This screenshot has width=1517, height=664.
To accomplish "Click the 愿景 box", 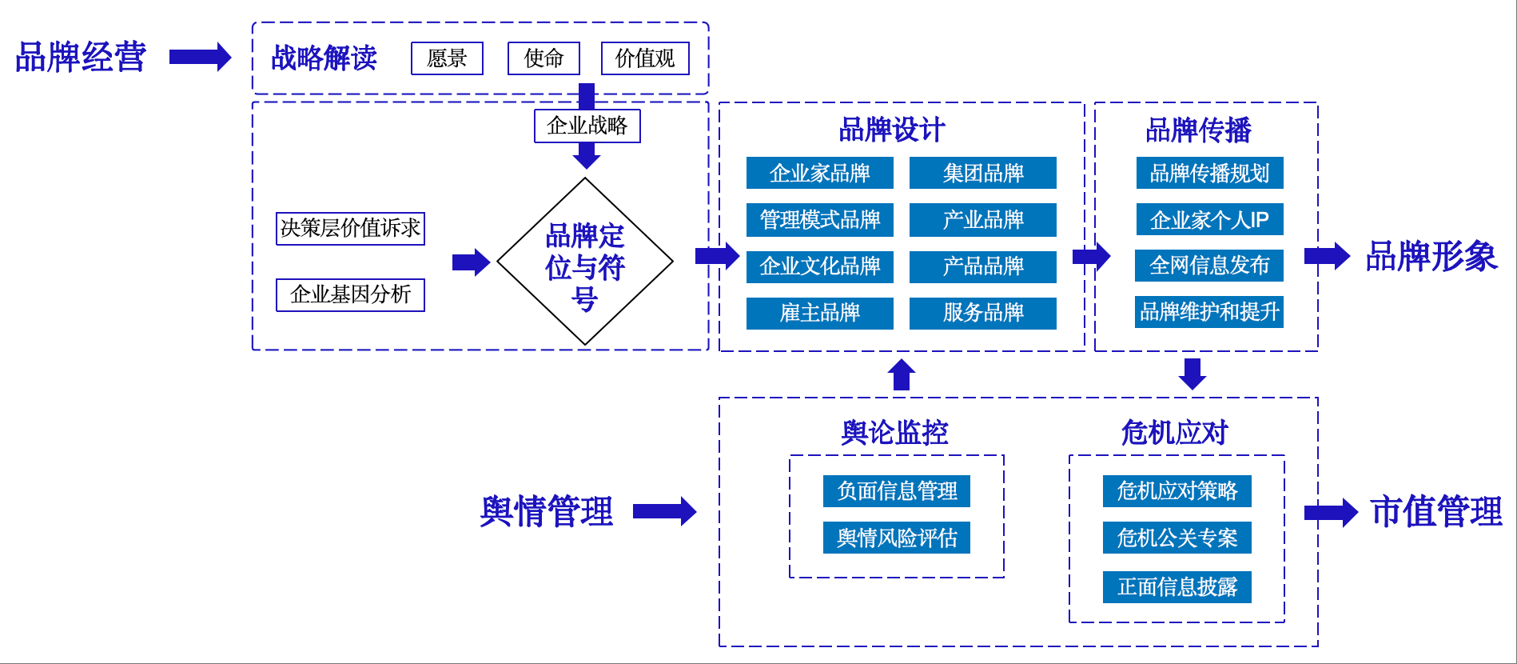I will (x=447, y=58).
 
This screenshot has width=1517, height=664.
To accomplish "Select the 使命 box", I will (x=543, y=58).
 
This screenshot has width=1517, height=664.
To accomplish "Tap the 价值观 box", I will (x=645, y=58).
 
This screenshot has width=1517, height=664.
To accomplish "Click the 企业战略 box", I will (x=587, y=126).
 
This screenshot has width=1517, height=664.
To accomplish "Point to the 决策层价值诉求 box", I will (x=350, y=228).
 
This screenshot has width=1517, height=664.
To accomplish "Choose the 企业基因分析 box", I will (x=350, y=294).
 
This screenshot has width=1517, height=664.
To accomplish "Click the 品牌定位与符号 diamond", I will (x=585, y=262).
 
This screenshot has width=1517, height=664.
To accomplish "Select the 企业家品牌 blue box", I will (x=819, y=173).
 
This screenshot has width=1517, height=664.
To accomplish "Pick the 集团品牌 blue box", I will (x=983, y=173).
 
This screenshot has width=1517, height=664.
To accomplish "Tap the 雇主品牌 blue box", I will (x=819, y=313).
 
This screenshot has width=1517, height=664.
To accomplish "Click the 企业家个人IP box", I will (x=1209, y=219).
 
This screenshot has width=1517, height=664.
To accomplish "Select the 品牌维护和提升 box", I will (x=1209, y=312).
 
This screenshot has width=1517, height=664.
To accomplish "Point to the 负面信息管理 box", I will (x=897, y=490).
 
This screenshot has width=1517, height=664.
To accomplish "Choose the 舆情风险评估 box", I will (x=897, y=538).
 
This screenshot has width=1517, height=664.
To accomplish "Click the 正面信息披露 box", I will (x=1177, y=586).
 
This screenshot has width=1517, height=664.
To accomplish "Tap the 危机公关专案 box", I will (x=1177, y=538).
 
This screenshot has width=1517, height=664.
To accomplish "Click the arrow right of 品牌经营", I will (x=200, y=57).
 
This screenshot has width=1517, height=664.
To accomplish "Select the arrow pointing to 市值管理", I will (x=1330, y=512).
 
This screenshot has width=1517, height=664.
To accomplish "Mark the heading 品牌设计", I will (x=892, y=130).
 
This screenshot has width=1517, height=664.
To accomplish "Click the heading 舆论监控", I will (x=894, y=433).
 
